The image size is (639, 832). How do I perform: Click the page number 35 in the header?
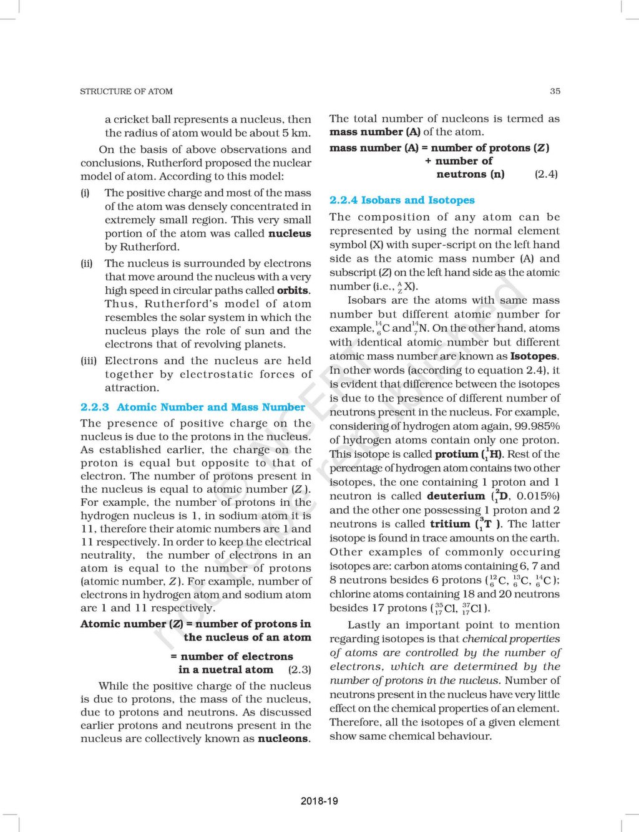(x=555, y=91)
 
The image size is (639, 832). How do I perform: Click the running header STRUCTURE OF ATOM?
(x=126, y=91)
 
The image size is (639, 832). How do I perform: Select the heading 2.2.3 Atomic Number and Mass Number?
(x=193, y=407)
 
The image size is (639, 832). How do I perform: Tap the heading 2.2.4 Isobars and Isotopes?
(x=402, y=200)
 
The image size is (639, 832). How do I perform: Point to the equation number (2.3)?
(x=300, y=670)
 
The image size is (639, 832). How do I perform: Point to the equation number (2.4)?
(x=546, y=174)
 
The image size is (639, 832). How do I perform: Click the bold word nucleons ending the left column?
(x=283, y=739)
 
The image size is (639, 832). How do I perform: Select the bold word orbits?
(x=293, y=291)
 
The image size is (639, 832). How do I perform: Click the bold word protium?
(x=456, y=455)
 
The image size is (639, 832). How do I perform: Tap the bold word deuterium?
(x=456, y=496)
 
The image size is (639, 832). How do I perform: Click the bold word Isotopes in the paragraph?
(x=534, y=357)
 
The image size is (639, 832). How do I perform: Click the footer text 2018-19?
(x=319, y=801)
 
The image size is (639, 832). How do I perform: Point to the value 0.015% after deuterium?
(x=538, y=496)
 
